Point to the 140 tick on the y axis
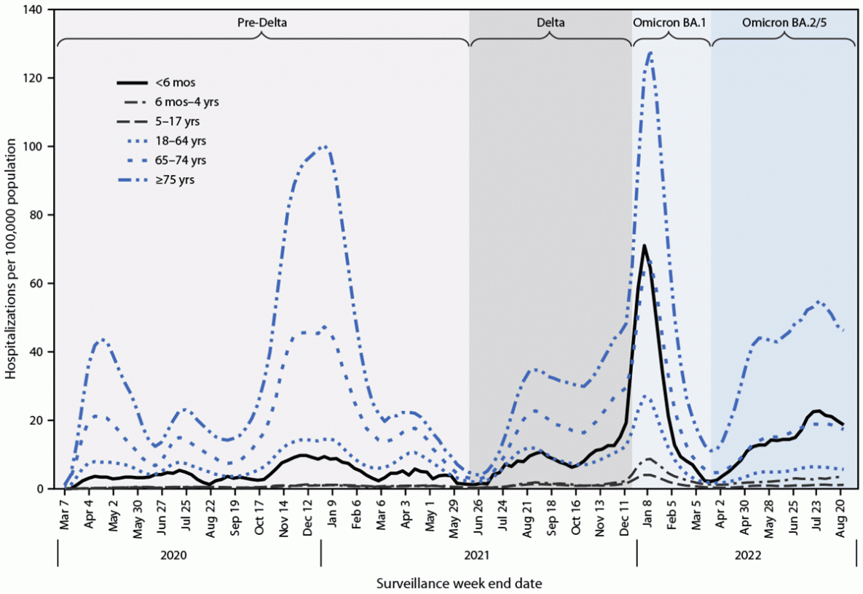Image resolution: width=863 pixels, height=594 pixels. coord(34,9)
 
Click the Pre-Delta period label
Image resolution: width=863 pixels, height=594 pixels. coord(262,23)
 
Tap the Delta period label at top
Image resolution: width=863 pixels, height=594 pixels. coord(550,23)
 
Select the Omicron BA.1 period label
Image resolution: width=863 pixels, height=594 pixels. coord(671,23)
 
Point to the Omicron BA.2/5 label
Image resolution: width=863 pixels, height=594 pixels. coord(784,23)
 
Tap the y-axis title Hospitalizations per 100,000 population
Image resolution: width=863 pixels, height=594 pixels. coord(12,249)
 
